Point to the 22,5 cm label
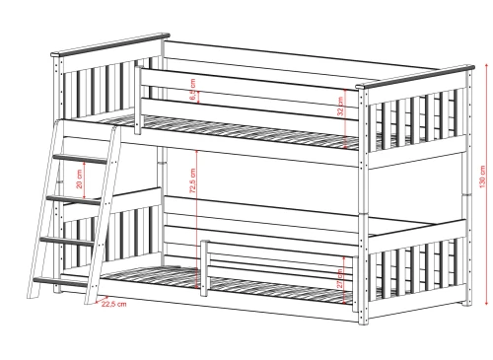[114, 304]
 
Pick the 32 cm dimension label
[341, 106]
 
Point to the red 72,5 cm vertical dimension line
[200, 212]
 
